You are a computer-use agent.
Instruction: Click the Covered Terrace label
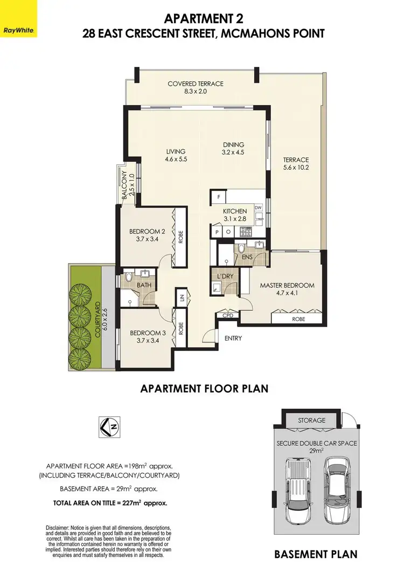click(x=195, y=84)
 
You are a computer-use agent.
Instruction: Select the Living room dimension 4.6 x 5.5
click(x=176, y=160)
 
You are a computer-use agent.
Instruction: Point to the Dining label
click(x=234, y=144)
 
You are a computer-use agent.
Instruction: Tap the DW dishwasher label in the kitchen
click(x=258, y=207)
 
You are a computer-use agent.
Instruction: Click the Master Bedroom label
click(x=287, y=285)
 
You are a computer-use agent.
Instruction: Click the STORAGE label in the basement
click(x=311, y=421)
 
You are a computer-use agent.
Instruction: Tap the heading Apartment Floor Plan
click(x=204, y=388)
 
